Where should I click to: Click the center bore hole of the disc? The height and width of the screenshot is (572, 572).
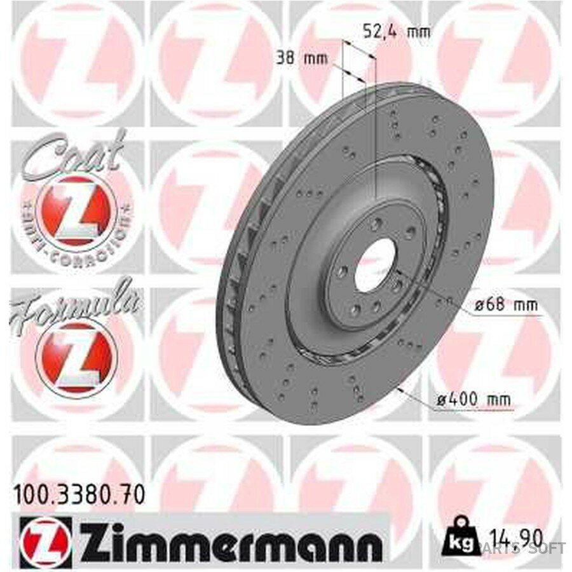point(375,266)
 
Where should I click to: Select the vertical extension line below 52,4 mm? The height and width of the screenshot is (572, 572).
point(376,127)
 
